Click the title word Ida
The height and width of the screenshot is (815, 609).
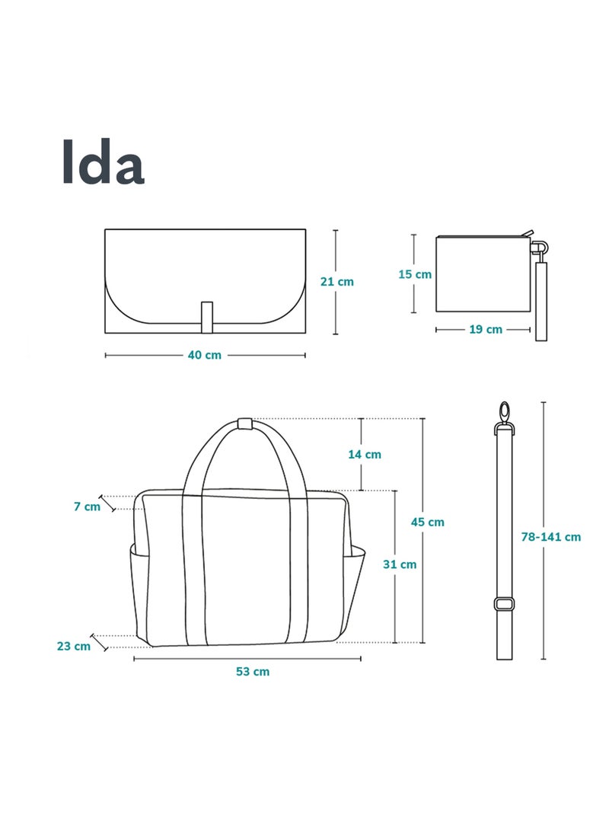coord(102,161)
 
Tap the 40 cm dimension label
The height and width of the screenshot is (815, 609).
coord(204,355)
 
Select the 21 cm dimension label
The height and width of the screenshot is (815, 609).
coord(336,281)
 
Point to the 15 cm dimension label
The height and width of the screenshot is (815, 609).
coord(415,274)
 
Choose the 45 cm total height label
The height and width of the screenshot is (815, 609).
coord(427,522)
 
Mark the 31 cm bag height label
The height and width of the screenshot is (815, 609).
coord(399,564)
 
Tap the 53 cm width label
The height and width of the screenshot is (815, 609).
coord(252,671)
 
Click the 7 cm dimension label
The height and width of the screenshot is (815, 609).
coord(87,506)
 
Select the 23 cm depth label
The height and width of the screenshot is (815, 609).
coord(73,646)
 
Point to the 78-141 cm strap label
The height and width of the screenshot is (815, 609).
coord(550,536)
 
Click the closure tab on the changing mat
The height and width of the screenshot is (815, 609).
coord(206,318)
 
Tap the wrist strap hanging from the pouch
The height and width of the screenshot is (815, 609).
coord(540,301)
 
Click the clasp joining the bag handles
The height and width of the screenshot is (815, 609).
coord(244,423)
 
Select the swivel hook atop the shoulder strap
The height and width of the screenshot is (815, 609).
coord(503,416)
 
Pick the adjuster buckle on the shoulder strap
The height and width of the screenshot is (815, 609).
coord(503,604)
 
